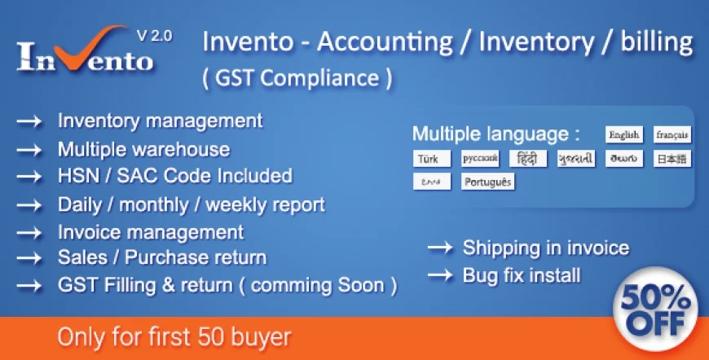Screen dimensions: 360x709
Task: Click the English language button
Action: [623, 135]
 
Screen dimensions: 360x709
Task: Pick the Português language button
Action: [487, 181]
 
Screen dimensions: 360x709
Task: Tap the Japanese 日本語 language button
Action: [672, 158]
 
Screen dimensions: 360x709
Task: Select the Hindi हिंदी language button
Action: [527, 158]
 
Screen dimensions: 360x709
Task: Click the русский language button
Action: [479, 158]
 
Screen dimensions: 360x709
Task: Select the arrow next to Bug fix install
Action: [440, 276]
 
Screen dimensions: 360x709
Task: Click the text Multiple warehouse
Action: [143, 149]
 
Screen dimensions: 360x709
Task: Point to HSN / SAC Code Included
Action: [174, 176]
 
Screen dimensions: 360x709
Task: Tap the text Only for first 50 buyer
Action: [174, 336]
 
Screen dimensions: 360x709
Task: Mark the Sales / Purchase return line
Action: [161, 257]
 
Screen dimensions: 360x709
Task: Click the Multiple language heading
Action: [495, 134]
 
